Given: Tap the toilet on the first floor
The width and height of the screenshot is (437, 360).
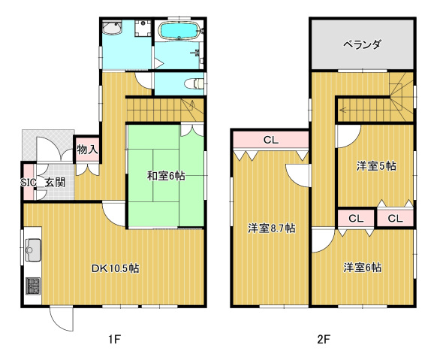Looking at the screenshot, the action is tap(194, 83).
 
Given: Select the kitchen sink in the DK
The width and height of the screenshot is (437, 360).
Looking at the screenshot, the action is tap(33, 250).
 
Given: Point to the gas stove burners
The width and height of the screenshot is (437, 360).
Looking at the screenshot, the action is tap(33, 286).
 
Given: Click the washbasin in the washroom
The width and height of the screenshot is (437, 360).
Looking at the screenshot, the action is tap(112, 28).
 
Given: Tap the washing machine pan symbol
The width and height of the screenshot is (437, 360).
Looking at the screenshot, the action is tap(143, 28).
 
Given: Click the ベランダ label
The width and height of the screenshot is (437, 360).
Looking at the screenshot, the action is tap(362, 44).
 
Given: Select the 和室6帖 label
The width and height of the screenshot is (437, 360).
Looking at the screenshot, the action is tap(166, 176).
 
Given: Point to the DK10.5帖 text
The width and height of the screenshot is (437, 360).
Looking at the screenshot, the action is tap(116, 268).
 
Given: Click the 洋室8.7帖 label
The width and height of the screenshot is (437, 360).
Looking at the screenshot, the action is tap(272, 228).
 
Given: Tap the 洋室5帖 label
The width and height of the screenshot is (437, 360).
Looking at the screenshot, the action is tap(376, 166).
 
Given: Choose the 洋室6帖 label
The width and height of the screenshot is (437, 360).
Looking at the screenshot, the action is tap(363, 268).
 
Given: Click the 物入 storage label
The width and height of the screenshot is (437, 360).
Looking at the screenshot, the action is tap(88, 150).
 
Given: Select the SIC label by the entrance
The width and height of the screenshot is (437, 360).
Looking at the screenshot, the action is tap(29, 183).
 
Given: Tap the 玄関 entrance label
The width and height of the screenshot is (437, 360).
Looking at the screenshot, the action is tap(55, 183).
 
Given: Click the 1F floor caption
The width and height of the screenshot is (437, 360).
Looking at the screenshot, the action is tap(115, 340).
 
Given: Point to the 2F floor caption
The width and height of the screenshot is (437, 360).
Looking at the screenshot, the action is tap(324, 340).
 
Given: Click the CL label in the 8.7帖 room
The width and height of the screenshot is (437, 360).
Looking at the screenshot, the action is tap(271, 140).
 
